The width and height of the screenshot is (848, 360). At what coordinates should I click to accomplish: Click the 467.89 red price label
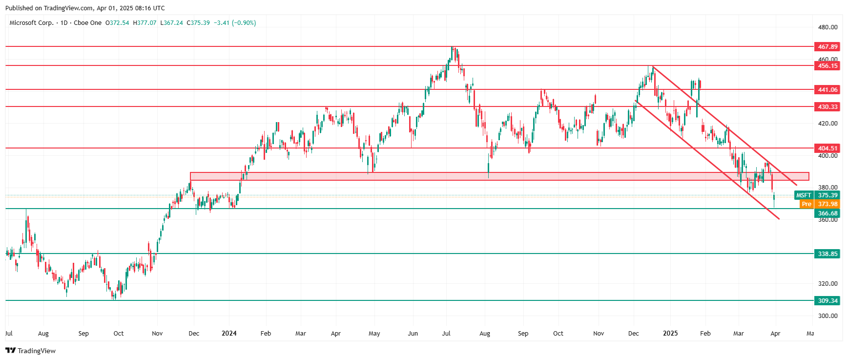tap(827, 47)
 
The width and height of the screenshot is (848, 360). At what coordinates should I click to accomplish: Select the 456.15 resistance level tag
tap(827, 66)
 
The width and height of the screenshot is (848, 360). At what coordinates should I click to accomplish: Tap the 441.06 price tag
tap(827, 90)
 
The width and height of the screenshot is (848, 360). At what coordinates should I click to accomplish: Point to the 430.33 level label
tap(827, 107)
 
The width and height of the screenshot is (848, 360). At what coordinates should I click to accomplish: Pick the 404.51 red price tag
tap(827, 148)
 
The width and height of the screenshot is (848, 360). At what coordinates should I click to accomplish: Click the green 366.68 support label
tap(827, 213)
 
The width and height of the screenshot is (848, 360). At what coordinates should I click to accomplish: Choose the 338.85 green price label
tap(827, 254)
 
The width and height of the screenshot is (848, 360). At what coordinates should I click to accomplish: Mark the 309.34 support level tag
tap(827, 301)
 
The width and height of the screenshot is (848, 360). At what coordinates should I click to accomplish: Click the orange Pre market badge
tap(807, 204)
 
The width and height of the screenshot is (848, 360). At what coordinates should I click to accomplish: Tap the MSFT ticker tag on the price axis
tap(804, 195)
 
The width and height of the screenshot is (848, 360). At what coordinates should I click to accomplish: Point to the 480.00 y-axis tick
tap(827, 27)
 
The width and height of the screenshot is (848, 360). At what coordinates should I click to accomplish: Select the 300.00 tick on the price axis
tap(827, 316)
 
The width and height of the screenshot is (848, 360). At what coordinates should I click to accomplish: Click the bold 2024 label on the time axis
tap(229, 334)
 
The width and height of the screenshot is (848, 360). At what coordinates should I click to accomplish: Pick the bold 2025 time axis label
tap(670, 334)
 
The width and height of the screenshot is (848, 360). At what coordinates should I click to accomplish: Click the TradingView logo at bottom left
tap(31, 351)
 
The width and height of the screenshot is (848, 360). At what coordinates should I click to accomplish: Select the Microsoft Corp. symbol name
tap(31, 23)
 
